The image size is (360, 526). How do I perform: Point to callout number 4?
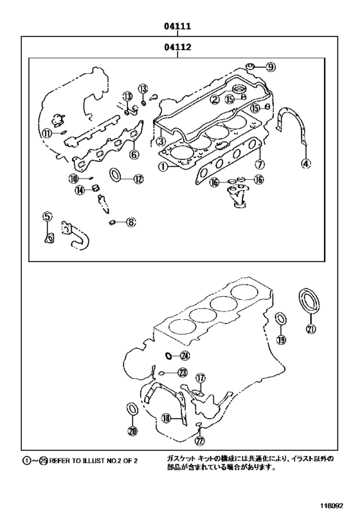tap(306, 164)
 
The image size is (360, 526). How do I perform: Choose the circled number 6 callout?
tap(134, 154)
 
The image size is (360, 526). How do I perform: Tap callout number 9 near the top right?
tap(271, 66)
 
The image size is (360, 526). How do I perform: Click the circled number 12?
tap(138, 179)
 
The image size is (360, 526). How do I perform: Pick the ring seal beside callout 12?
tap(116, 175)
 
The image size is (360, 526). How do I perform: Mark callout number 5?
tap(47, 217)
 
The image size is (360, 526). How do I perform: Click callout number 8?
tap(130, 222)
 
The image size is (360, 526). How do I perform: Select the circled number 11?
tap(47, 134)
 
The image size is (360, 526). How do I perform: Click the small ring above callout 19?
tap(281, 319)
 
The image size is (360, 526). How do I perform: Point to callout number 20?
tap(132, 431)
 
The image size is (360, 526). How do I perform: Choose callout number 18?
tap(166, 418)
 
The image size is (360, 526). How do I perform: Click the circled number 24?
tap(185, 355)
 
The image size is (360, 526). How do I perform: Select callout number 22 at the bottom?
tap(199, 441)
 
